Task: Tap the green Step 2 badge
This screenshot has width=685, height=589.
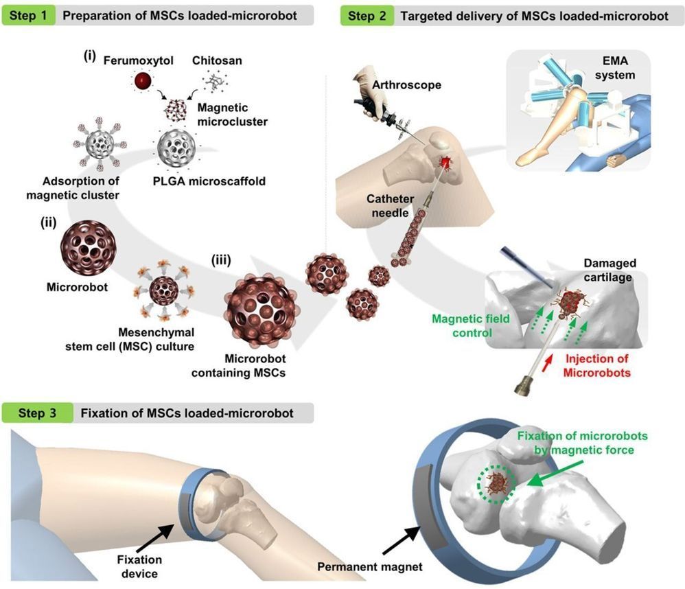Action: (367, 15)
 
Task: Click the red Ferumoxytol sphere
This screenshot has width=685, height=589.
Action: (142, 82)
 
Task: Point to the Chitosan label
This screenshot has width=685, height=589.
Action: (222, 61)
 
